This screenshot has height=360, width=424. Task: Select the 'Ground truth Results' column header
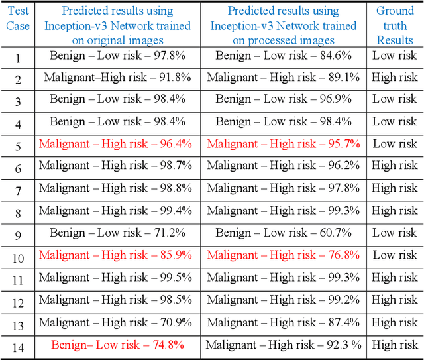pos(395,25)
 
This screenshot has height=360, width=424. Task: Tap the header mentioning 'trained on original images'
pos(117,25)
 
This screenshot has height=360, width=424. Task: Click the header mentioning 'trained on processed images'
pos(283,25)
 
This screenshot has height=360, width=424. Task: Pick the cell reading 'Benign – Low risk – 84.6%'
pos(283,55)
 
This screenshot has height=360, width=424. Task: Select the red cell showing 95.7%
pos(283,144)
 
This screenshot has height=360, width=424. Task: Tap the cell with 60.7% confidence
pos(283,233)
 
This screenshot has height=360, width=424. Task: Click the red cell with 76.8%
pos(283,255)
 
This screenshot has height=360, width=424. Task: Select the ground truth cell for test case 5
pos(395,144)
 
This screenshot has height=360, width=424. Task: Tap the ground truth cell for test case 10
pos(395,255)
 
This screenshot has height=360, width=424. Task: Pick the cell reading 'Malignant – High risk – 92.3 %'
pos(284,345)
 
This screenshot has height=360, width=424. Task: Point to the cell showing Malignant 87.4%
pos(283,322)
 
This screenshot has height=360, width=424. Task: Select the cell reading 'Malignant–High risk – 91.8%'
pos(117,77)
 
